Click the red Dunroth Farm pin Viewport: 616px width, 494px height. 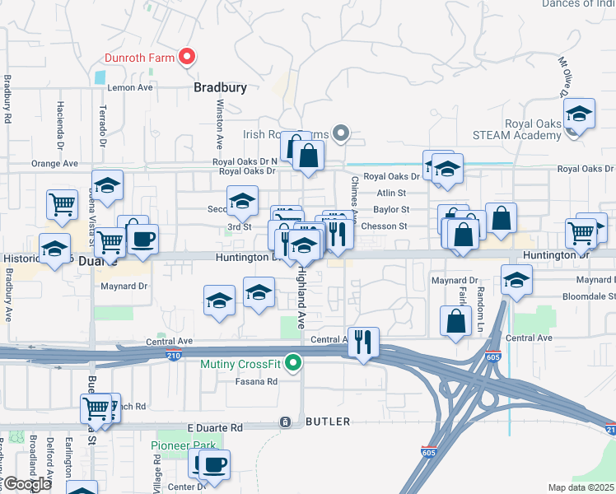pyautogui.click(x=187, y=57)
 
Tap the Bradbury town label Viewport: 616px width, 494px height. pyautogui.click(x=220, y=86)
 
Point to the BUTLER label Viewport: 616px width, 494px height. pyautogui.click(x=328, y=422)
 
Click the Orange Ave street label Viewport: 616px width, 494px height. pyautogui.click(x=54, y=163)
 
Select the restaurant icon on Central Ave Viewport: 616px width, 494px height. pyautogui.click(x=363, y=341)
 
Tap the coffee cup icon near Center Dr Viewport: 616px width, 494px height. pyautogui.click(x=213, y=464)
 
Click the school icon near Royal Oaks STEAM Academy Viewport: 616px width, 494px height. pyautogui.click(x=579, y=116)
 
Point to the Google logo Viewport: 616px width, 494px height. pyautogui.click(x=26, y=483)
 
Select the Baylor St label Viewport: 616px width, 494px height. pyautogui.click(x=390, y=210)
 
